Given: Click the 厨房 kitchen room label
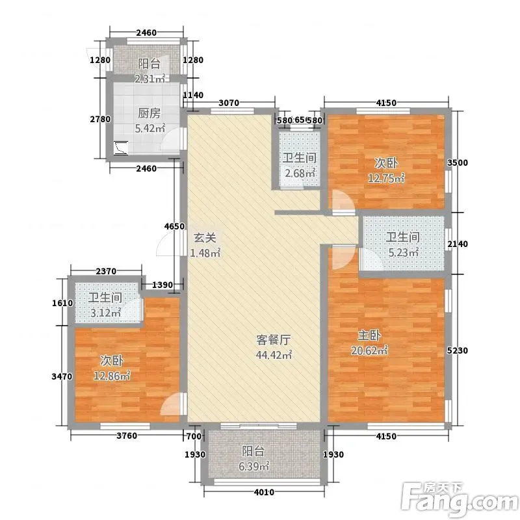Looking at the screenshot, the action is point(149,113).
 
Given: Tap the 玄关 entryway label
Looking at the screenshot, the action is point(205,238).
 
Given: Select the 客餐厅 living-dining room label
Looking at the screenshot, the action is point(274,340).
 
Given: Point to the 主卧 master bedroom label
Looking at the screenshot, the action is point(369,335).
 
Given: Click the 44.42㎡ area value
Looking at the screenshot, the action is point(274,355).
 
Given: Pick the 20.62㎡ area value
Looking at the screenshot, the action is point(369,350).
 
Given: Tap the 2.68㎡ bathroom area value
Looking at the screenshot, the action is point(300,173).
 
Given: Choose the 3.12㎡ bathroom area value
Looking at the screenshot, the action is point(105,313).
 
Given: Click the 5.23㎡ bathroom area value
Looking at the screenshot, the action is point(403,253).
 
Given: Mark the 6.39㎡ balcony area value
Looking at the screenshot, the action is point(253,466).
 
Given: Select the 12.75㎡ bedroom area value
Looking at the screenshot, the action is point(386,178).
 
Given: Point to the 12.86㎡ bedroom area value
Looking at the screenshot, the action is point(112,376).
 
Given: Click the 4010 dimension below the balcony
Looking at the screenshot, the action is point(264,492).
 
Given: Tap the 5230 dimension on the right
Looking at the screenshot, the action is point(458,350).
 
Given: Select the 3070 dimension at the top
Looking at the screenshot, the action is point(229,103).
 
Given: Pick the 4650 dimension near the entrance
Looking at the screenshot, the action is point(174,226).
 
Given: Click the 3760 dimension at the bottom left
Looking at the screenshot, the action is point(127,435).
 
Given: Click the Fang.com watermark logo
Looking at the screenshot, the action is point(460,500).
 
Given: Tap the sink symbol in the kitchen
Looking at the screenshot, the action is point(120,148).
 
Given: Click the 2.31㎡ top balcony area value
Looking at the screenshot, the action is point(150,79).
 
